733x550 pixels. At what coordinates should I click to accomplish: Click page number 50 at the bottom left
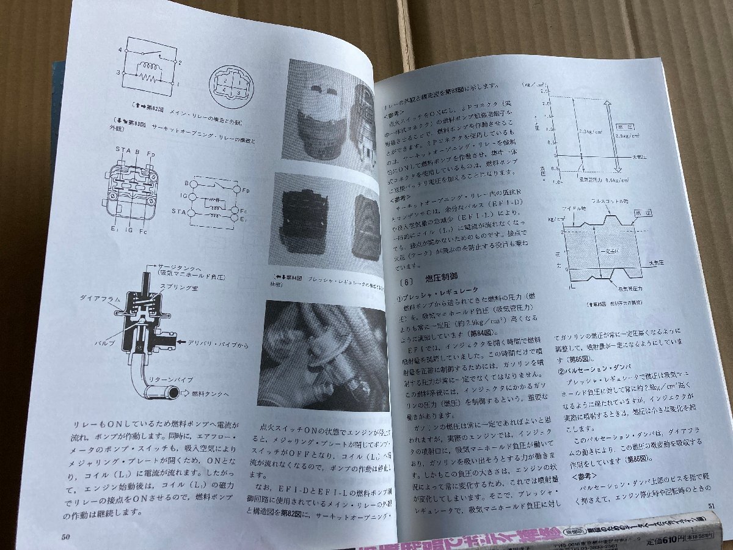tap(67, 537)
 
